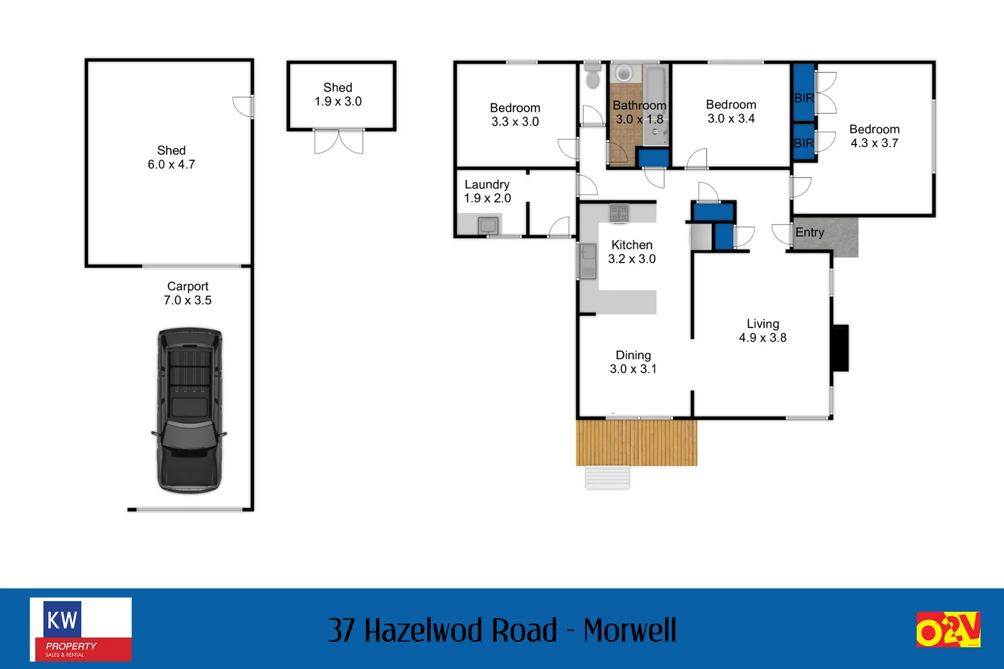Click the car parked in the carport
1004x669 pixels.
click(x=189, y=410)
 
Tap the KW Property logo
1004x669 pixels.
click(x=81, y=629)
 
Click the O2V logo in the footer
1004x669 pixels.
click(x=948, y=629)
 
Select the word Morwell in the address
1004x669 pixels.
click(x=630, y=631)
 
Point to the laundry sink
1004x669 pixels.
click(x=488, y=225)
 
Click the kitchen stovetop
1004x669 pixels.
click(x=619, y=214)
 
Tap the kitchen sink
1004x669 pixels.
click(x=588, y=260)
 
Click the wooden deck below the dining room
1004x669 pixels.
click(x=636, y=443)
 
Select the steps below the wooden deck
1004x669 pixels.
click(x=607, y=478)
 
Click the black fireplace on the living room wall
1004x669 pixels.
click(x=840, y=348)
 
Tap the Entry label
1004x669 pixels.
click(x=809, y=233)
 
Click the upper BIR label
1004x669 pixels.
click(x=804, y=98)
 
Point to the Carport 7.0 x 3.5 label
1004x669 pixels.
click(x=188, y=293)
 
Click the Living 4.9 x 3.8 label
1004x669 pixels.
click(x=762, y=331)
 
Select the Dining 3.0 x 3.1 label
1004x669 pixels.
click(x=633, y=362)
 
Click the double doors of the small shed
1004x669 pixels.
click(x=338, y=142)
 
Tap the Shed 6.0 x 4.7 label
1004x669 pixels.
click(x=171, y=157)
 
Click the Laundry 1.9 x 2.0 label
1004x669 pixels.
click(x=487, y=191)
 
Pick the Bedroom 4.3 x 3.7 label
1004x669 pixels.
click(x=874, y=136)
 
